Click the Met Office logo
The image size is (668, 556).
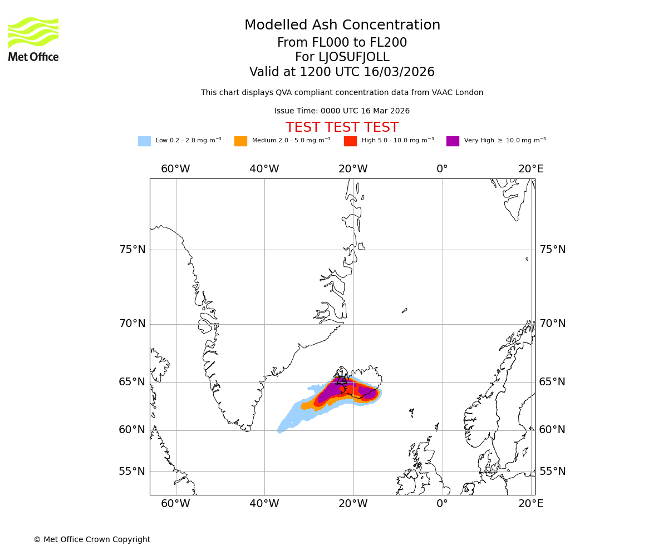click(33, 39)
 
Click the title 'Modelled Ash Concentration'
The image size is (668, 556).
click(342, 26)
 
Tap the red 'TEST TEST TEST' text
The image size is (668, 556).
click(342, 127)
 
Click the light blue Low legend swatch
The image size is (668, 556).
click(144, 141)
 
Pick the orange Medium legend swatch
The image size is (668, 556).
click(240, 141)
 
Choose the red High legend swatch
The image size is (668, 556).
click(350, 141)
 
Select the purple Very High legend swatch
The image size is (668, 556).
click(453, 141)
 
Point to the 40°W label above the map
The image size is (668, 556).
click(264, 169)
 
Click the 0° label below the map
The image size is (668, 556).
click(442, 504)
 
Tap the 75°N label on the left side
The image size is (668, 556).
click(132, 250)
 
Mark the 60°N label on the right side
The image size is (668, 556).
click(552, 430)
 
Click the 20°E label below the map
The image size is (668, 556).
click(531, 504)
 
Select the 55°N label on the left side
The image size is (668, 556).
click(132, 471)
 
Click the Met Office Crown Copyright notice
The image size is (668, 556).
click(92, 539)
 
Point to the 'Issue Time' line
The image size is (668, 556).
click(342, 111)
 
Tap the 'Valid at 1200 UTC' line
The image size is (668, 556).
click(342, 72)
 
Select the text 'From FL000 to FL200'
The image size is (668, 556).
click(342, 43)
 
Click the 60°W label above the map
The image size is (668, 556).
click(175, 169)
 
